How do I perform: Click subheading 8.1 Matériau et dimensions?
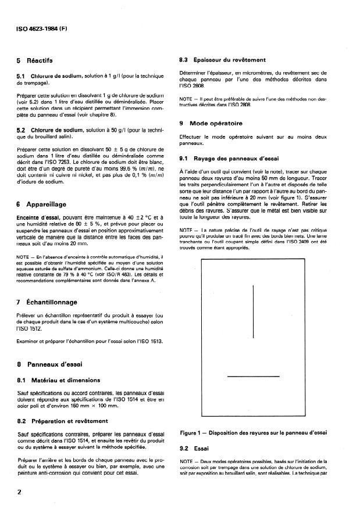coord(58,381)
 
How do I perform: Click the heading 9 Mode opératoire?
coord(213,124)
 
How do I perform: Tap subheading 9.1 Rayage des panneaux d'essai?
coord(230,157)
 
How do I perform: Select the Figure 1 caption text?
coord(254,432)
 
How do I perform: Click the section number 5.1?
coord(21,77)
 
